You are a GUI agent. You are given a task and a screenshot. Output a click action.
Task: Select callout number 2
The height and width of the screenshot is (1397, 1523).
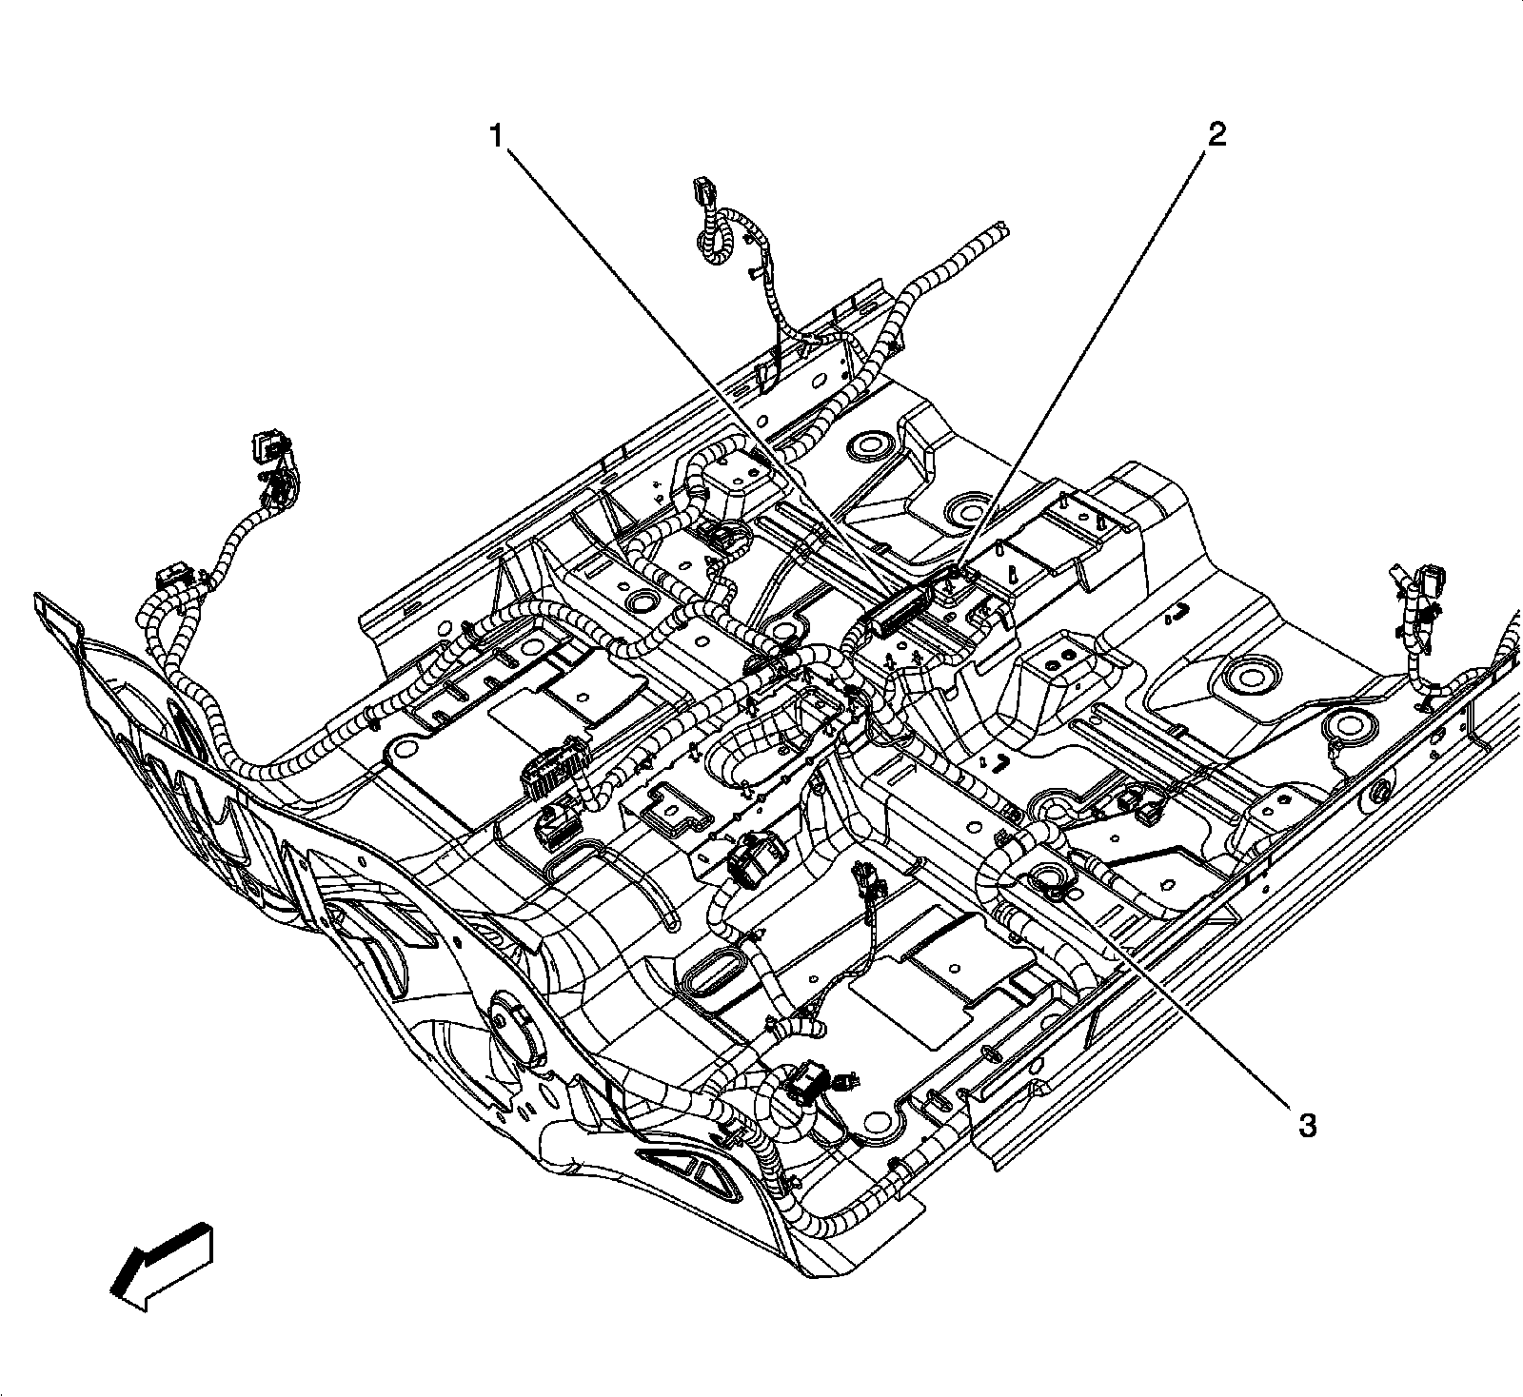(1216, 135)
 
